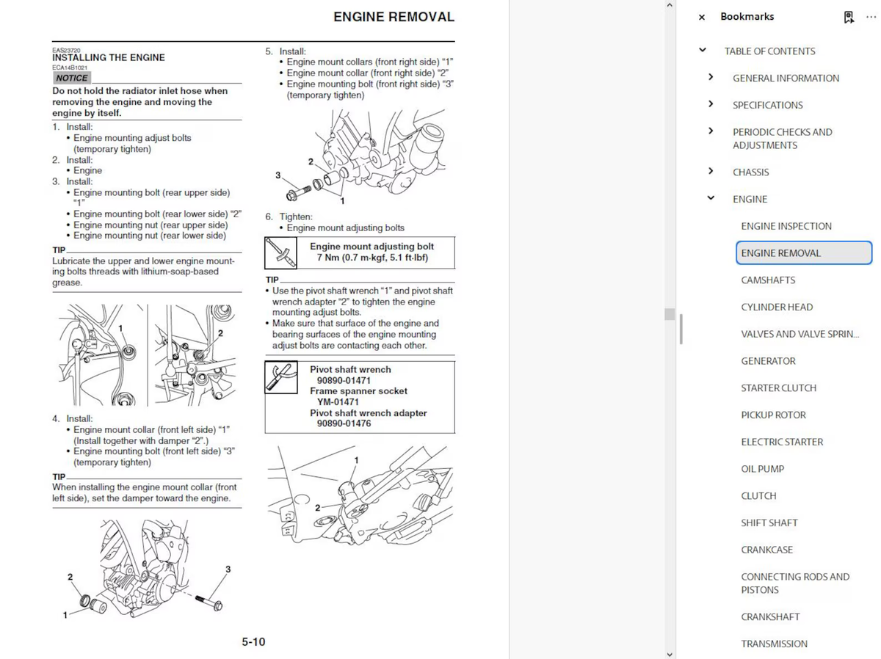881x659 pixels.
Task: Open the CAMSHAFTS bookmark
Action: click(x=768, y=280)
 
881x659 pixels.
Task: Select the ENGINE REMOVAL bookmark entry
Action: click(x=781, y=253)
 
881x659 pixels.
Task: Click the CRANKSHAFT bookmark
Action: click(x=770, y=616)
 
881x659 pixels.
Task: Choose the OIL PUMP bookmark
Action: click(x=762, y=469)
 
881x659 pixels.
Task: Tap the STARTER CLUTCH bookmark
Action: click(x=778, y=387)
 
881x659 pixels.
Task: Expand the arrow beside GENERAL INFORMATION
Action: click(x=711, y=77)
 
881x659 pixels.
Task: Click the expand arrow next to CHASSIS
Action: click(x=711, y=171)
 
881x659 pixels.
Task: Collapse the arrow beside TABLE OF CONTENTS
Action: click(x=703, y=50)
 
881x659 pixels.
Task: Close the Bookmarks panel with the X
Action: click(x=702, y=17)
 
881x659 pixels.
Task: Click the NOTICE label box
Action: click(x=72, y=78)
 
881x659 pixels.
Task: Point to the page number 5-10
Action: click(x=253, y=642)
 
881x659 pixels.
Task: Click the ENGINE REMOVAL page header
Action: click(x=394, y=17)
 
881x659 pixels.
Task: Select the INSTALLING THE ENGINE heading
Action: click(x=109, y=57)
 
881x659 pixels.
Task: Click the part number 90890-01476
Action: click(x=344, y=423)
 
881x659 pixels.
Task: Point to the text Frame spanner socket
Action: click(x=358, y=391)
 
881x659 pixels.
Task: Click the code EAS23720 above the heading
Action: click(x=66, y=50)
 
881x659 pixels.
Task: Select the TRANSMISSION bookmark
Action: click(x=774, y=644)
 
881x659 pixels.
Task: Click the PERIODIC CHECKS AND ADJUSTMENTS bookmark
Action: click(x=782, y=139)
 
